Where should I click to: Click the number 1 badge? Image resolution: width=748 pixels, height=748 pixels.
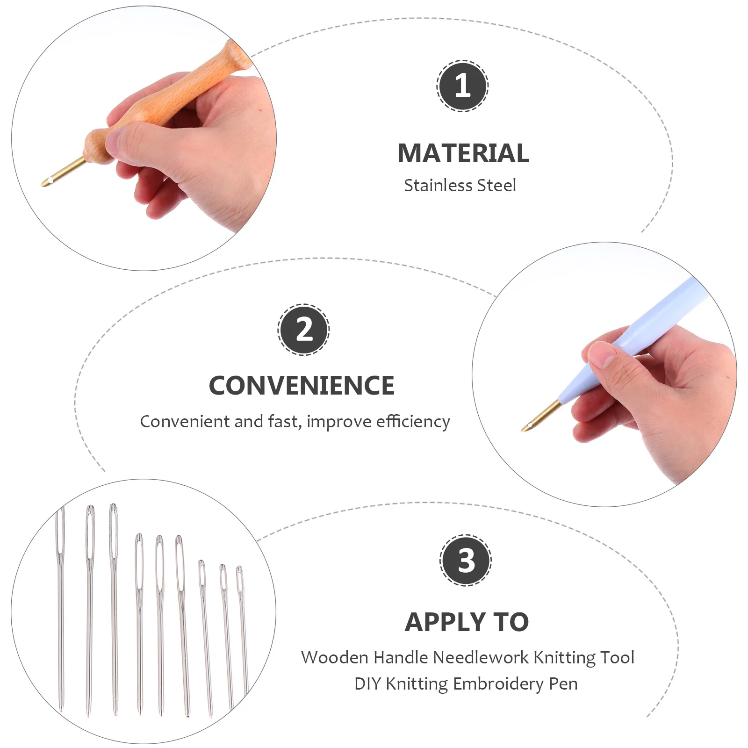(x=462, y=86)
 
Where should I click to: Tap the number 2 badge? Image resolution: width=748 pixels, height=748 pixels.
(x=304, y=330)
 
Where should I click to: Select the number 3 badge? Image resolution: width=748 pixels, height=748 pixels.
(x=466, y=560)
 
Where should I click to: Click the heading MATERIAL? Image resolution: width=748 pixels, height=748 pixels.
(x=463, y=153)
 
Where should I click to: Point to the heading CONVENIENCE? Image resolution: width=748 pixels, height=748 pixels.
(x=302, y=386)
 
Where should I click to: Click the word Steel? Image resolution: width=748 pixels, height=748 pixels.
(x=497, y=186)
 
